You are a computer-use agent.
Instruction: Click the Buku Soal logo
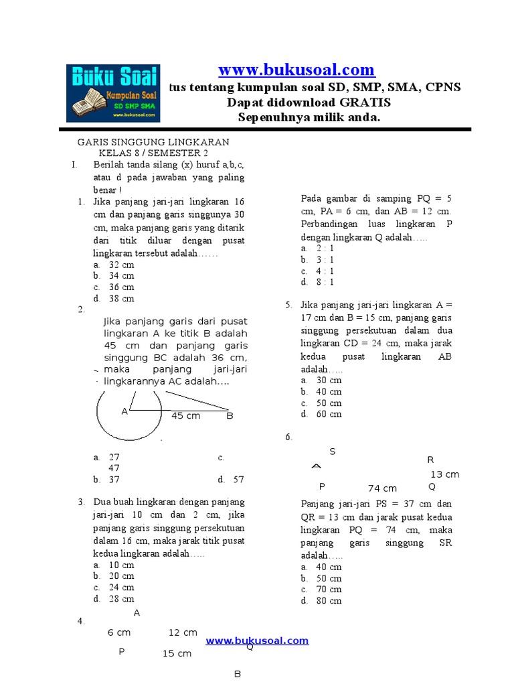pos(113,92)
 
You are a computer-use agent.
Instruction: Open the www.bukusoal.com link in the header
pos(296,70)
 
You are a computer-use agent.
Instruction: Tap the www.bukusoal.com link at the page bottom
pos(257,640)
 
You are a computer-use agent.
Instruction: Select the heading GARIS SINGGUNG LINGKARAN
pos(153,142)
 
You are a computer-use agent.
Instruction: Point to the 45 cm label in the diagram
pos(185,416)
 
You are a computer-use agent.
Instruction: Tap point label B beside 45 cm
pos(229,416)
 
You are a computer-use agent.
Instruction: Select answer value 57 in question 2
pos(238,480)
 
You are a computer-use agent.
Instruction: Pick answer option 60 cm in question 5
pos(329,414)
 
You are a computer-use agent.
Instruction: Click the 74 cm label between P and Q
pos(382,488)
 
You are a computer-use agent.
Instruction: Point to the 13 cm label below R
pos(444,474)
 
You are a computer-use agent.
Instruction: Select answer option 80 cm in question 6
pos(329,601)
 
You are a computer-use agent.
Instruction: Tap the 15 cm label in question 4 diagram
pos(177,653)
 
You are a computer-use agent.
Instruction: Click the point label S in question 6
pos(332,452)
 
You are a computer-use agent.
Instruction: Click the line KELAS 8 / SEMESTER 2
pos(153,153)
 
